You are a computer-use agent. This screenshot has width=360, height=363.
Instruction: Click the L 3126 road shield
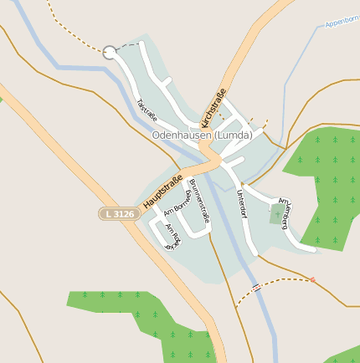coord(117,214)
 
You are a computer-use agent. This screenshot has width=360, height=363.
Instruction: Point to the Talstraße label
coord(147,111)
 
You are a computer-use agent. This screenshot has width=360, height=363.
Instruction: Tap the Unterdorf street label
coord(242,202)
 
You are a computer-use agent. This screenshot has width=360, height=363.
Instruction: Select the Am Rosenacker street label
coord(172,238)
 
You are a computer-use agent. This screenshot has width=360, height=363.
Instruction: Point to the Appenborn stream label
coord(341,22)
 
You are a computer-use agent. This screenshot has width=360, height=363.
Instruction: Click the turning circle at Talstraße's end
coord(110,53)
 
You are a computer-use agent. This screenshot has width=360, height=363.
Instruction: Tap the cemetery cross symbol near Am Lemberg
coord(277,215)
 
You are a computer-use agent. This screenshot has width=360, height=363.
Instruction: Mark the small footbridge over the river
coord(255,287)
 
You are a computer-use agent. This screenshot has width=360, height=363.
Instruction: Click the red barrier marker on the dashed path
coord(313,279)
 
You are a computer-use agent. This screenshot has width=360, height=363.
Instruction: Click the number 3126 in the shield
coord(122,214)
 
